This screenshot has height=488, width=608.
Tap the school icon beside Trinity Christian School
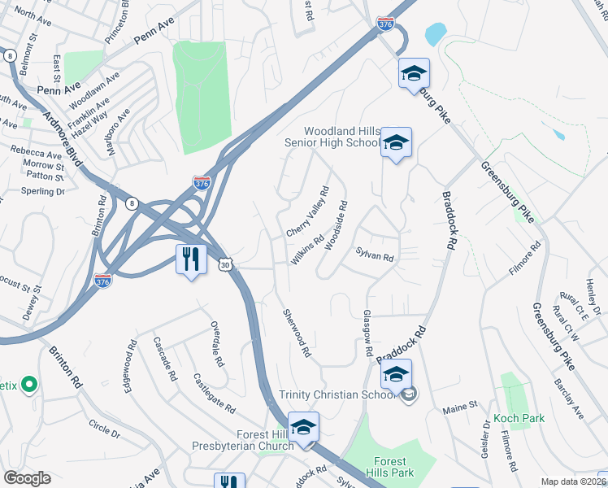(x=396, y=374)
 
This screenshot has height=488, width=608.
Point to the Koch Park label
(x=518, y=419)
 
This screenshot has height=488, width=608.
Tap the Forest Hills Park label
(x=394, y=466)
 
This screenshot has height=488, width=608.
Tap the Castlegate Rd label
(x=214, y=394)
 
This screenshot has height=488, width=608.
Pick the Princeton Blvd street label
(x=116, y=23)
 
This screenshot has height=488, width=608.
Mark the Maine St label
(x=459, y=410)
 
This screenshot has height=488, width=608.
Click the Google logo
(x=28, y=478)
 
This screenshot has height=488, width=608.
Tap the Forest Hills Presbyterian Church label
(x=243, y=440)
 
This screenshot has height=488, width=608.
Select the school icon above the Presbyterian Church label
(x=303, y=426)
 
